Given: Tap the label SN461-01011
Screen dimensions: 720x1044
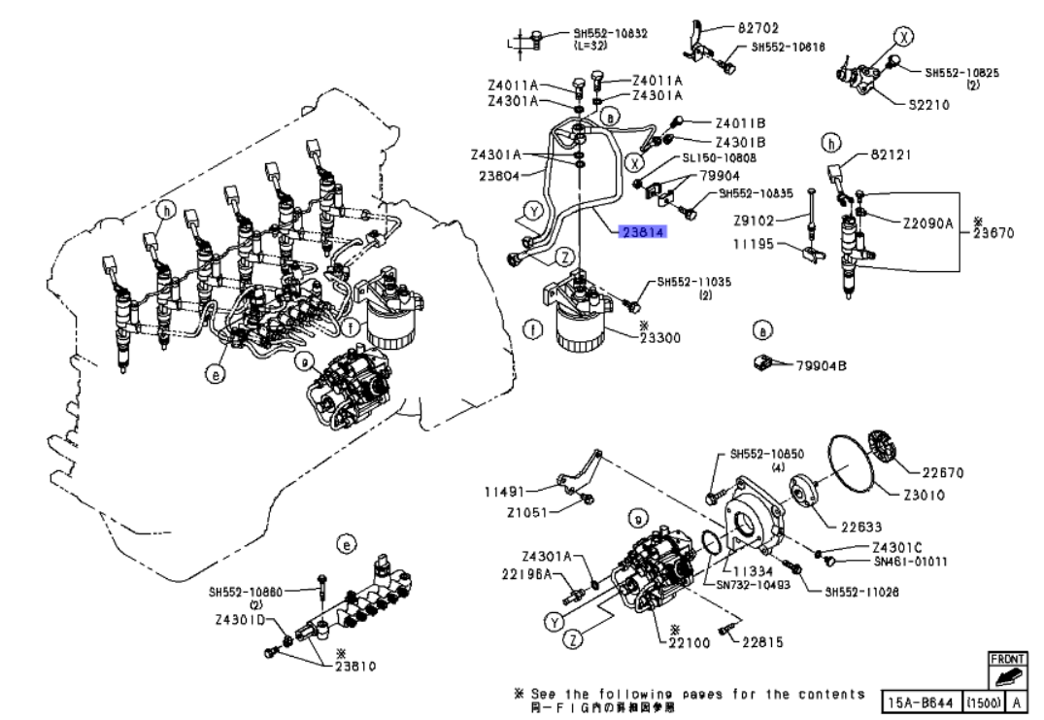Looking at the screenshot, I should (908, 561).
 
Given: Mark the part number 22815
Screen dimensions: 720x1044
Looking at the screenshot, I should (763, 641).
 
